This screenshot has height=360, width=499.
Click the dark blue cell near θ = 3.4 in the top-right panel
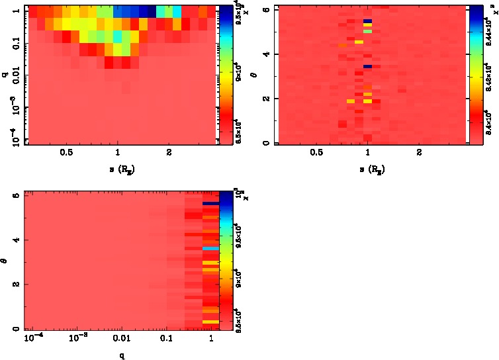point(368,66)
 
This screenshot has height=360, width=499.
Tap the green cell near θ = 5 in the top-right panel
point(368,31)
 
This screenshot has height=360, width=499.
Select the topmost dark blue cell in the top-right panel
point(368,21)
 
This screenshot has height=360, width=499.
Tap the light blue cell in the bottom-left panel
point(210,248)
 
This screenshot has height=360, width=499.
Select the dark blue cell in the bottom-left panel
point(210,203)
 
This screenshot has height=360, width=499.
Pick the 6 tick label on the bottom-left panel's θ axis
point(16,195)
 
